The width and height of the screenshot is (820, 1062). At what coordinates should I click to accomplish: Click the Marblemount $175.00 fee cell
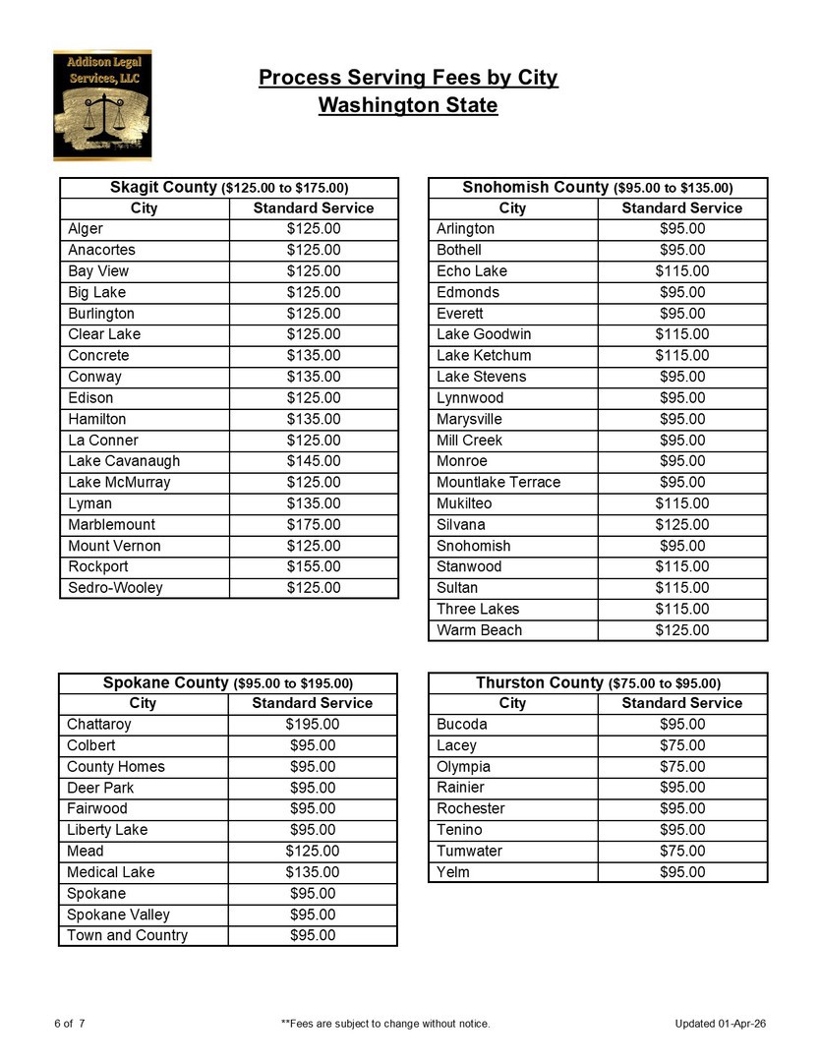tap(314, 525)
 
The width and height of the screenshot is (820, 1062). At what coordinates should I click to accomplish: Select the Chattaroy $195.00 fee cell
tap(313, 725)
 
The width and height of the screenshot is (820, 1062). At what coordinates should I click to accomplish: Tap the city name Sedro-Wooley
tap(116, 588)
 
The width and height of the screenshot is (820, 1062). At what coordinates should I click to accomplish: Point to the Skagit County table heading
tap(229, 187)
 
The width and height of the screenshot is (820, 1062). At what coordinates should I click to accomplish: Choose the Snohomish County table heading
tap(598, 187)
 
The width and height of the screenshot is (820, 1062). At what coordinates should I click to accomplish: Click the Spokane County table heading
tap(228, 682)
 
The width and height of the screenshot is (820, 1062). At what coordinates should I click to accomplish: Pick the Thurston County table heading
tap(598, 682)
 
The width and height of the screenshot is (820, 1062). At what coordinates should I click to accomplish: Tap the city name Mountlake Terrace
tap(498, 482)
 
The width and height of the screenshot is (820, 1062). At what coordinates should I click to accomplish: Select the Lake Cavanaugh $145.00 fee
tap(314, 461)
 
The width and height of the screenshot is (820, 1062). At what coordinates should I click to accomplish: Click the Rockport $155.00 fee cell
tap(314, 566)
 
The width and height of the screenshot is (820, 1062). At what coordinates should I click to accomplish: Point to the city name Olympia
tap(463, 767)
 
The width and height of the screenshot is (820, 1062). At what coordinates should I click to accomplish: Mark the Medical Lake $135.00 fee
tap(313, 872)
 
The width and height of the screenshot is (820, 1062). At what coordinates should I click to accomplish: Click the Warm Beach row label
tap(480, 630)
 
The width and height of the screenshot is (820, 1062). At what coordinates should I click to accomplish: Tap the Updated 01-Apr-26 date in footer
tap(721, 1024)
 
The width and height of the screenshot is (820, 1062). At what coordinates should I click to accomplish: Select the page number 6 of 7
tap(70, 1024)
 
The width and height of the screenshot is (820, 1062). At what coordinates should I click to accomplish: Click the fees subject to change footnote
tap(385, 1024)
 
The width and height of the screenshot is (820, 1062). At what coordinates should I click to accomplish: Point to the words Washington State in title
tap(408, 105)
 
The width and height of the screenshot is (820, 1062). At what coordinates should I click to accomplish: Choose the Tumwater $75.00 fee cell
tap(682, 851)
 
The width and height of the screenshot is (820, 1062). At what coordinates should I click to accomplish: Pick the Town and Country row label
tap(127, 935)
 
